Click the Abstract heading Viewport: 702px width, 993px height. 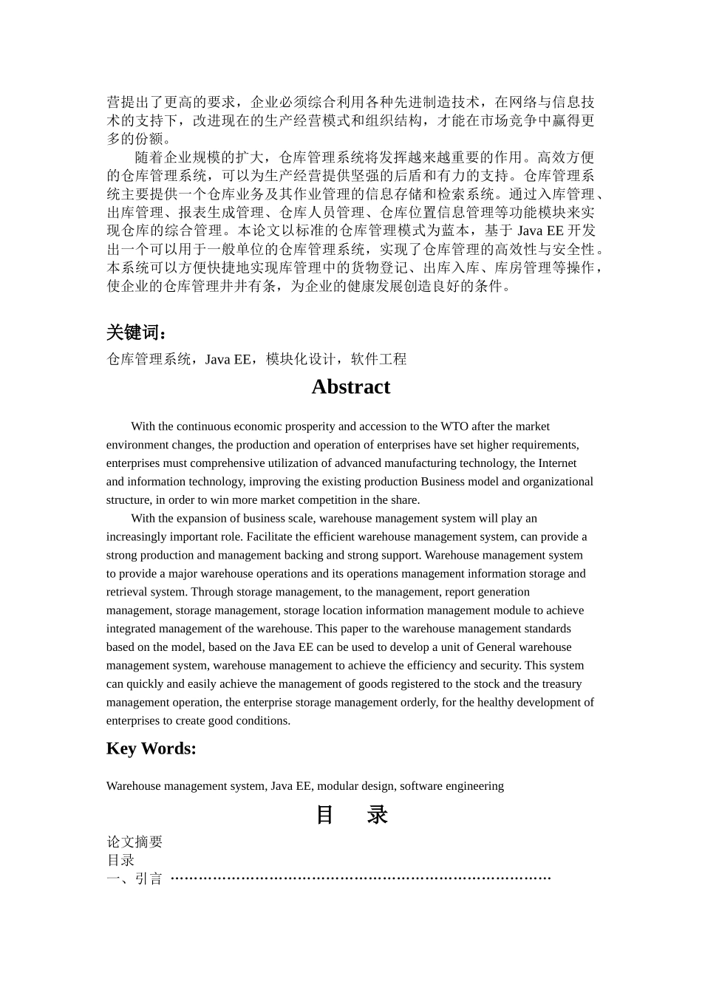tap(350, 387)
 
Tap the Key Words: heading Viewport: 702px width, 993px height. tap(151, 748)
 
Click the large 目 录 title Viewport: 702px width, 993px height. tap(352, 814)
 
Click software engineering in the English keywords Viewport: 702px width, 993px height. tap(451, 786)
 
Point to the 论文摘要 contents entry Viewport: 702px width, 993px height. tap(134, 842)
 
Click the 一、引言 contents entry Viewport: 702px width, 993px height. tap(134, 878)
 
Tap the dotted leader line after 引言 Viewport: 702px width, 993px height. tap(361, 878)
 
